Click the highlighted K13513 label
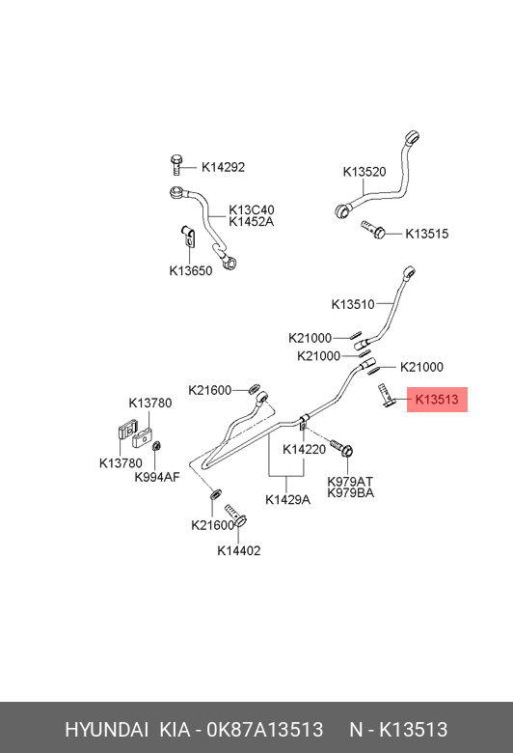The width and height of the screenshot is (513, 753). point(437,400)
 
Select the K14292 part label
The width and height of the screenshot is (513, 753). point(223,167)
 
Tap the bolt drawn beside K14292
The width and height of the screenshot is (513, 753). point(176,165)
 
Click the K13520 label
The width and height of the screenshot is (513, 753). point(364,172)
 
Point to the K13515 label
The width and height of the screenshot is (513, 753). point(426,234)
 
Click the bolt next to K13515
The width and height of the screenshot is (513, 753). point(373,229)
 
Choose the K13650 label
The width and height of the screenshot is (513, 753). point(191,271)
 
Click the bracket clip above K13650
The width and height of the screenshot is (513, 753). point(188,236)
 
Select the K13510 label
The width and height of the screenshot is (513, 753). point(353,304)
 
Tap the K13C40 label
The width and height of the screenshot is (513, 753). point(252,209)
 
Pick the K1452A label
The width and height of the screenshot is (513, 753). point(252,221)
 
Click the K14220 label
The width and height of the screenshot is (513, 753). point(305,449)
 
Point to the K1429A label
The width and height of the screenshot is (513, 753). point(288,499)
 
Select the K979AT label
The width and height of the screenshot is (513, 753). point(350,481)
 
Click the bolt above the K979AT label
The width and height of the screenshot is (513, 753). point(342,448)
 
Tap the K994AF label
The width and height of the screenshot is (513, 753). point(157,477)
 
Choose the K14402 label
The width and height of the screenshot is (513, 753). point(239,550)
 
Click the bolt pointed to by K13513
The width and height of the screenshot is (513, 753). point(386,395)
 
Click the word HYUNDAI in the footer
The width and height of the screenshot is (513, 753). point(106,730)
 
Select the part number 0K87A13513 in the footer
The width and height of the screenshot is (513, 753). point(265,730)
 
